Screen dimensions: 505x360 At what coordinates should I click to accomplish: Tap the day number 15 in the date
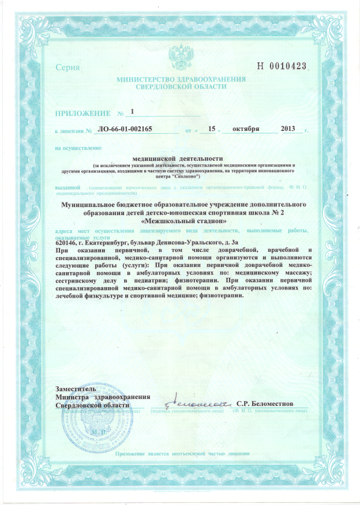point(211,129)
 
